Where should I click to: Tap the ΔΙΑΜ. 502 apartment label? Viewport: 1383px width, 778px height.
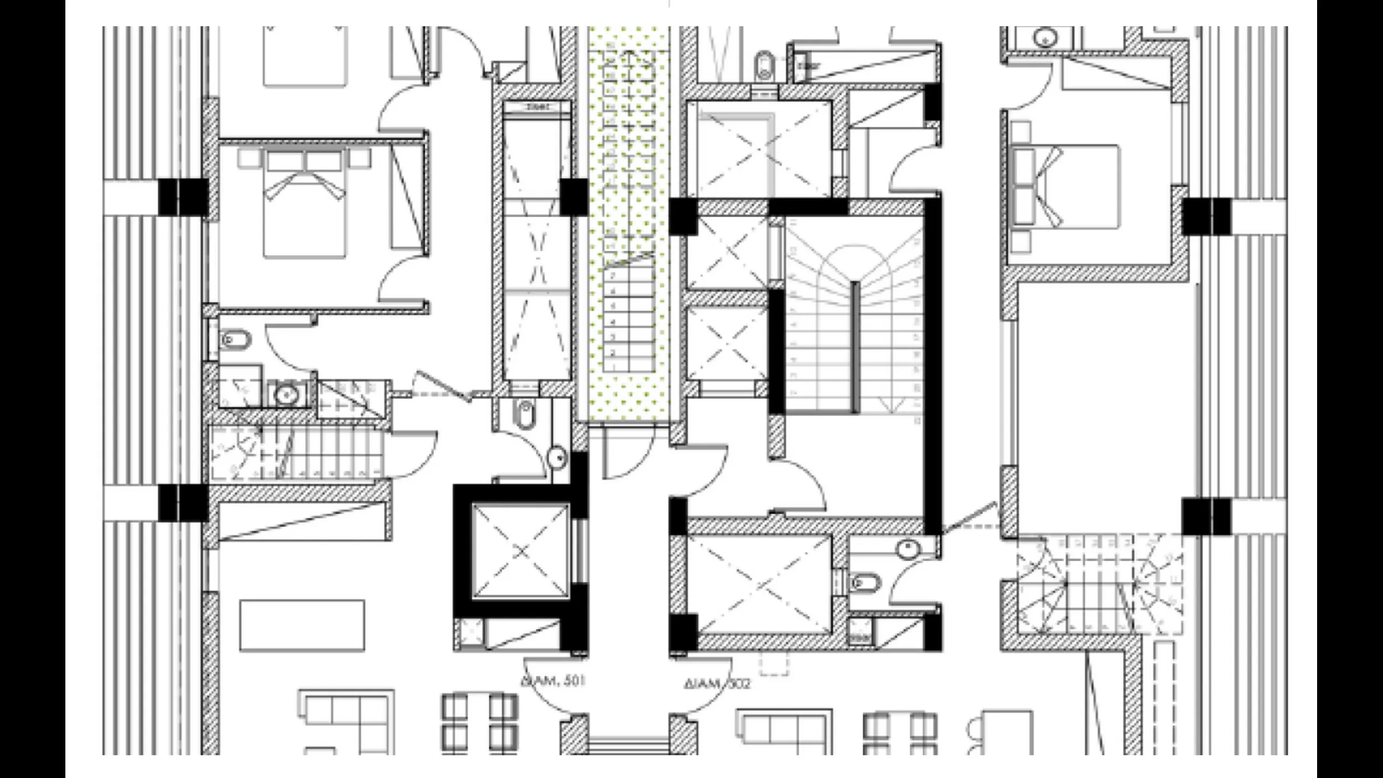click(x=717, y=684)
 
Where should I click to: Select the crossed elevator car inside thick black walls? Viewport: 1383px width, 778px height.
click(x=521, y=551)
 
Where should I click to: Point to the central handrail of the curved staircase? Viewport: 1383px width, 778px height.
click(x=855, y=346)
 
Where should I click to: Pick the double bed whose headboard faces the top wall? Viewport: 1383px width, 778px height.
click(x=305, y=205)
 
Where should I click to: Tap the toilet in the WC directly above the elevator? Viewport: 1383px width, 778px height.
click(x=525, y=415)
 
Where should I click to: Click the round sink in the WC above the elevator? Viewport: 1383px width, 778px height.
click(x=557, y=458)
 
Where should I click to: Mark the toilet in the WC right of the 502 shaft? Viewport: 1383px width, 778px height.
click(x=864, y=583)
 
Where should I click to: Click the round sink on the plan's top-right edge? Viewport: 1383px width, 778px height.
click(x=1046, y=38)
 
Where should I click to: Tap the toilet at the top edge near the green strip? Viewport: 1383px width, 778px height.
click(x=764, y=65)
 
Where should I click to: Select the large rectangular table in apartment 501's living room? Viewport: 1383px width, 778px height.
click(x=302, y=625)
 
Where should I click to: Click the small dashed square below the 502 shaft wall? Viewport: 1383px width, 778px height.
click(x=774, y=663)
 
